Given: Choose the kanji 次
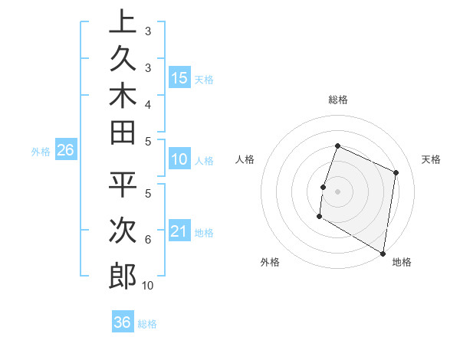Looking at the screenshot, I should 122,231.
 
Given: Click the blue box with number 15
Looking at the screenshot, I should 179,77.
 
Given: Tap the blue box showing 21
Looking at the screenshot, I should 179,231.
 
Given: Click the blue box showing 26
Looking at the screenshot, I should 65,151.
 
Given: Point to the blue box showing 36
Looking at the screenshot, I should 123,322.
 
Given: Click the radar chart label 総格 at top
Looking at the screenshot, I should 338,100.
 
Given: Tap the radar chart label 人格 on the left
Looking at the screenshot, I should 245,159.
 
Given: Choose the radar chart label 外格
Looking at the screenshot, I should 269,262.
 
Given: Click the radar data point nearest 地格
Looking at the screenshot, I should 383,252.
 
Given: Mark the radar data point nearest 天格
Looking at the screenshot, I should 396,172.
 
